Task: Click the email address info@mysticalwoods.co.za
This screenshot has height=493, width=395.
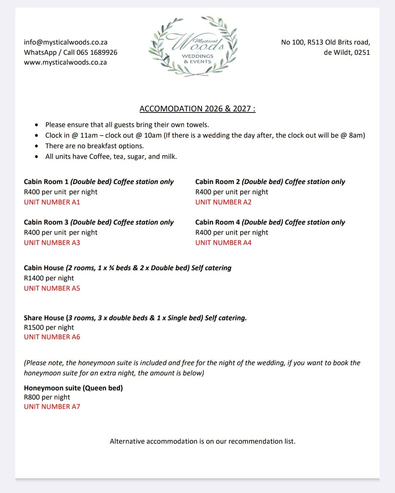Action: [65, 42]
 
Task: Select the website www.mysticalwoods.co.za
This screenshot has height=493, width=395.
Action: [65, 62]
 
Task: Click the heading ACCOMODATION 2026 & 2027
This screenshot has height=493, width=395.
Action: [197, 109]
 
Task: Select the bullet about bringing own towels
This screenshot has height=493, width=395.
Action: [127, 125]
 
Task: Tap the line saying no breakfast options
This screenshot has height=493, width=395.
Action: [94, 146]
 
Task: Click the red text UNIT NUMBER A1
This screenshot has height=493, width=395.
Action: [52, 202]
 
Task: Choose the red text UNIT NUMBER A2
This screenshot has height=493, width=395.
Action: [223, 202]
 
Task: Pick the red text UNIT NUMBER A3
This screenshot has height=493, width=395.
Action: [52, 243]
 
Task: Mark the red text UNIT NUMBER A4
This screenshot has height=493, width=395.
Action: [223, 243]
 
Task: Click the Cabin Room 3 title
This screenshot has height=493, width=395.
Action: [46, 222]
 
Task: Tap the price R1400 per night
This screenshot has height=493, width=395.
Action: [49, 278]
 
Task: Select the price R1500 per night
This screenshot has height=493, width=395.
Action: [49, 328]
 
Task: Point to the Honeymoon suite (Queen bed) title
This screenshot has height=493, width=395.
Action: [73, 388]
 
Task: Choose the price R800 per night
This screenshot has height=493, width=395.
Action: [47, 397]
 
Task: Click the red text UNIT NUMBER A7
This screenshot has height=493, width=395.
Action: [52, 407]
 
